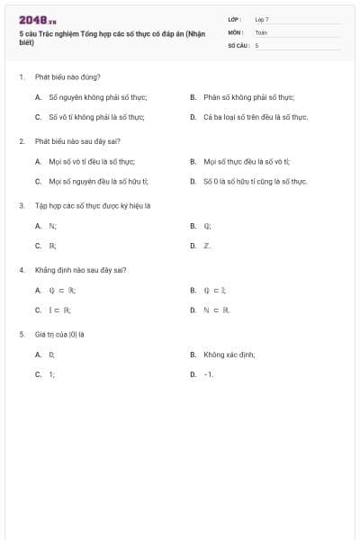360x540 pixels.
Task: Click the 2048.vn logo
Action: [x=37, y=20]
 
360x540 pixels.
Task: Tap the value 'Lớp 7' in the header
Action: [x=261, y=19]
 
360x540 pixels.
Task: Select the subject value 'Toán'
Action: [x=261, y=31]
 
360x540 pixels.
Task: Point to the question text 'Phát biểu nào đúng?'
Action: [x=67, y=76]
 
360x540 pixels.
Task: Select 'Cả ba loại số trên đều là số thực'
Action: [x=256, y=117]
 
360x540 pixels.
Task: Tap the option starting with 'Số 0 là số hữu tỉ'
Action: [x=256, y=182]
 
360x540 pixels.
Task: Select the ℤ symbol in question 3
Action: [x=207, y=246]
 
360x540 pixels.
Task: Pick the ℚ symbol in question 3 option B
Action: [x=207, y=226]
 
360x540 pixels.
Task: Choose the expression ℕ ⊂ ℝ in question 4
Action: [x=217, y=310]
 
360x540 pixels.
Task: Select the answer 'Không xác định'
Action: [x=229, y=355]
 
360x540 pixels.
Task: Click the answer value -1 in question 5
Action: [x=208, y=374]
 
